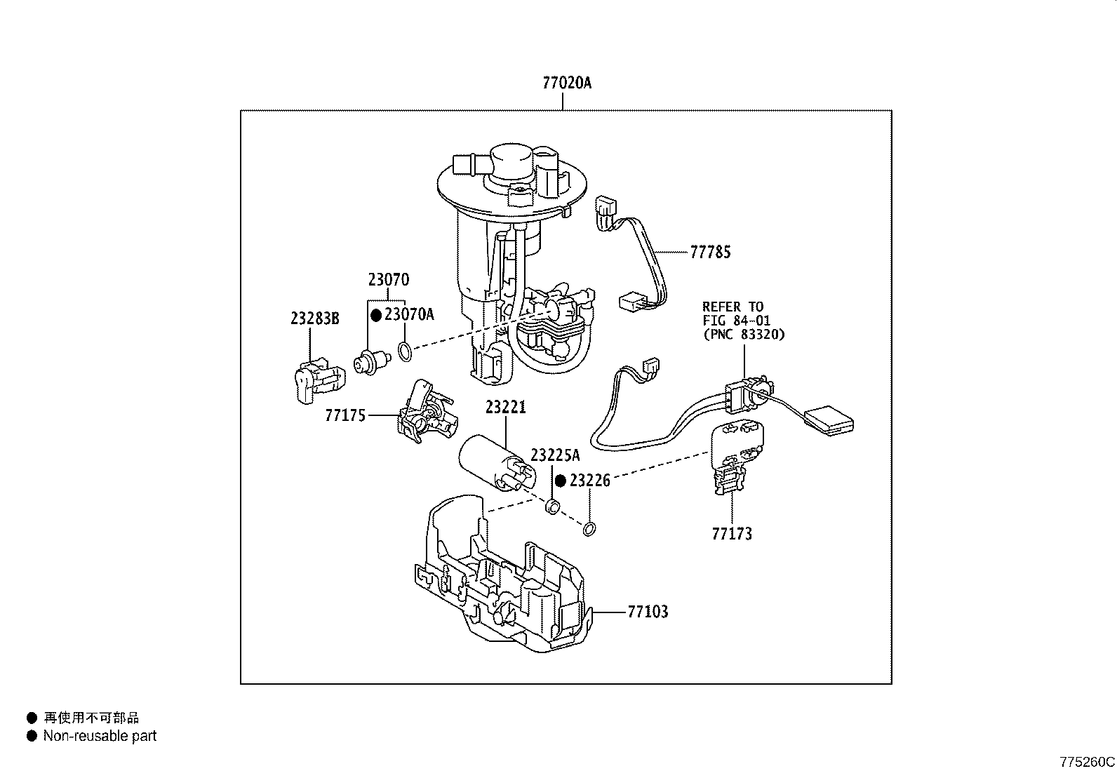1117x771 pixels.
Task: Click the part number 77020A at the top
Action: (x=566, y=83)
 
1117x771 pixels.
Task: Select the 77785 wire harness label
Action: (x=710, y=253)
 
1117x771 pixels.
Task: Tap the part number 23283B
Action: (x=314, y=319)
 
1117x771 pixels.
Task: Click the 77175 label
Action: (x=345, y=415)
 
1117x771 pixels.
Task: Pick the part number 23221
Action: (x=505, y=408)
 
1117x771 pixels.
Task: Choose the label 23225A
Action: (x=555, y=455)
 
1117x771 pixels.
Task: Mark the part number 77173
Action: (x=732, y=535)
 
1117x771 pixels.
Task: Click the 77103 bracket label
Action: (x=647, y=612)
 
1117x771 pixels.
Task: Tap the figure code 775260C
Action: (x=1087, y=762)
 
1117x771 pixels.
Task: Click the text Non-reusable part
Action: (x=100, y=736)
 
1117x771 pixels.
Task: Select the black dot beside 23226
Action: (x=561, y=481)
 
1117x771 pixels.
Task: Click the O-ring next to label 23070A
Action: (x=406, y=351)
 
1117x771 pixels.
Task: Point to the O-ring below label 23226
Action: (x=589, y=528)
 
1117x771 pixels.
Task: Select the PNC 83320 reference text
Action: (x=744, y=335)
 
